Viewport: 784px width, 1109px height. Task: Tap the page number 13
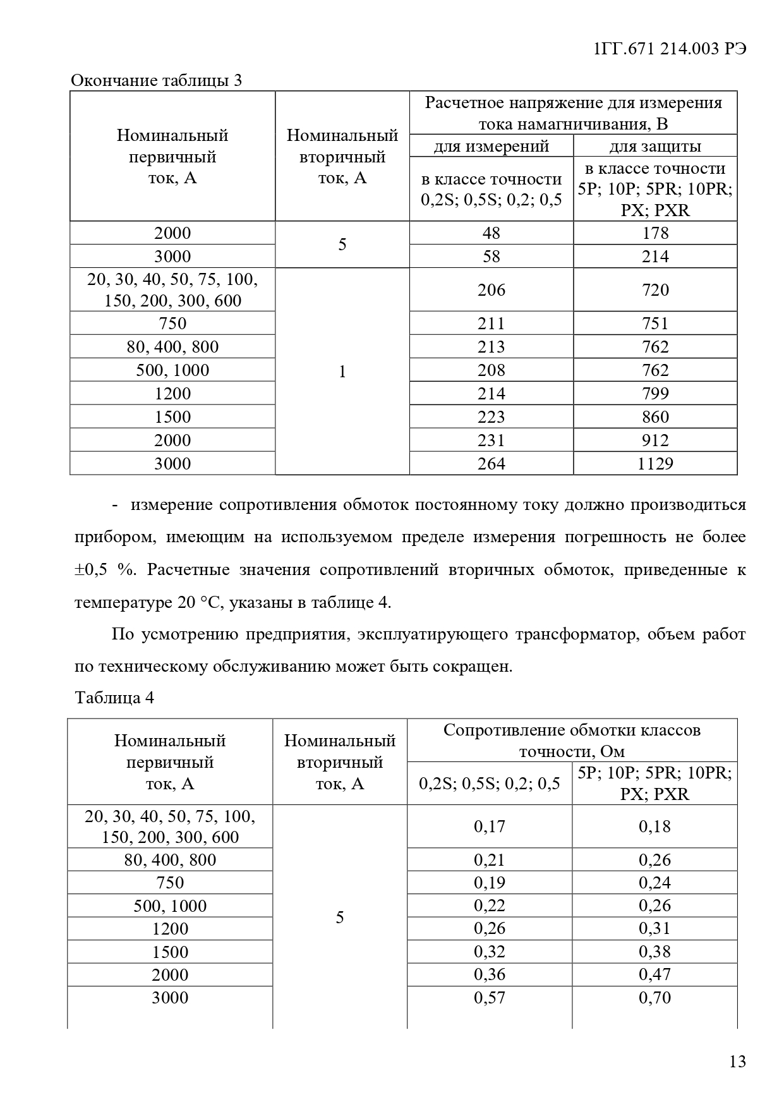737,1061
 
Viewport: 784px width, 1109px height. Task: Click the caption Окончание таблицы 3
156,81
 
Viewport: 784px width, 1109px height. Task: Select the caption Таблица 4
114,698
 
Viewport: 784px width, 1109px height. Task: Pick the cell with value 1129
655,464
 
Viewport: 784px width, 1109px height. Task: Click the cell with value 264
492,464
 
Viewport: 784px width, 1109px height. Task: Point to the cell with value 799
655,394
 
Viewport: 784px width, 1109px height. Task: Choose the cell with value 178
655,233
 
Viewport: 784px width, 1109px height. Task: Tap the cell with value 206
492,290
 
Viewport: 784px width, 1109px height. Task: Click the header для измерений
492,147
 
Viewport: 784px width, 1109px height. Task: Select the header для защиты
655,147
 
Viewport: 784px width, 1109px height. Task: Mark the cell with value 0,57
490,998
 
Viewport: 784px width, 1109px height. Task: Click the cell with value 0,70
654,998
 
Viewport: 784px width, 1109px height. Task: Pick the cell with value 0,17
490,827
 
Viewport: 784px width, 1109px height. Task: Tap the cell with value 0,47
654,974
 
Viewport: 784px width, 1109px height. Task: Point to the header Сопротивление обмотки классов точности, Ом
572,741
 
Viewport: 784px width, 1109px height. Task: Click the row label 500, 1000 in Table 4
170,906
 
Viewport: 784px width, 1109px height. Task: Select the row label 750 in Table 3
172,324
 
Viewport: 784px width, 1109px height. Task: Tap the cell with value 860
655,417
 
